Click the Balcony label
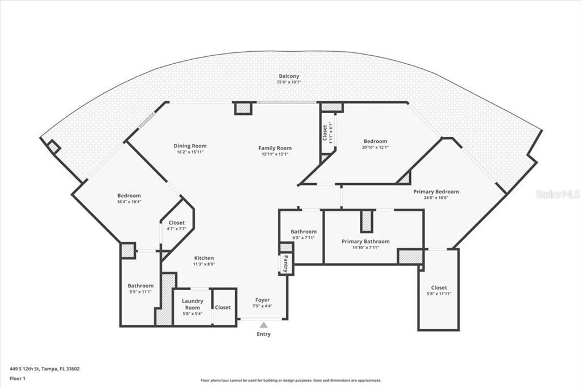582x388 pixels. click(x=289, y=76)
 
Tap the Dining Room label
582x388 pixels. click(x=190, y=146)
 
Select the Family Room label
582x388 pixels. click(x=275, y=148)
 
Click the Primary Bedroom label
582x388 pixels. click(x=435, y=192)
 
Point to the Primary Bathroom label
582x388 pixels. click(x=365, y=241)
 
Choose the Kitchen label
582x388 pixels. click(x=204, y=258)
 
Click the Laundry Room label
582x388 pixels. click(x=192, y=304)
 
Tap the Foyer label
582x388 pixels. click(x=262, y=300)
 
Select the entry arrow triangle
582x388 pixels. click(x=263, y=325)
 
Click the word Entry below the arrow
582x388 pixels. click(x=263, y=334)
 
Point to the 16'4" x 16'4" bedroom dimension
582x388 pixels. click(x=129, y=202)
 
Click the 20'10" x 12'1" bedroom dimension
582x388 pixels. click(x=375, y=147)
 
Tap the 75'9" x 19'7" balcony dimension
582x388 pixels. click(x=289, y=82)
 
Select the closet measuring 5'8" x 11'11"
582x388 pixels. click(x=439, y=290)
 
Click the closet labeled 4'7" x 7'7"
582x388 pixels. click(x=176, y=225)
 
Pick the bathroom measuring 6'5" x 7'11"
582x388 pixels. click(x=304, y=234)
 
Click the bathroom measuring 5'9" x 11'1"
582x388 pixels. click(x=140, y=288)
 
